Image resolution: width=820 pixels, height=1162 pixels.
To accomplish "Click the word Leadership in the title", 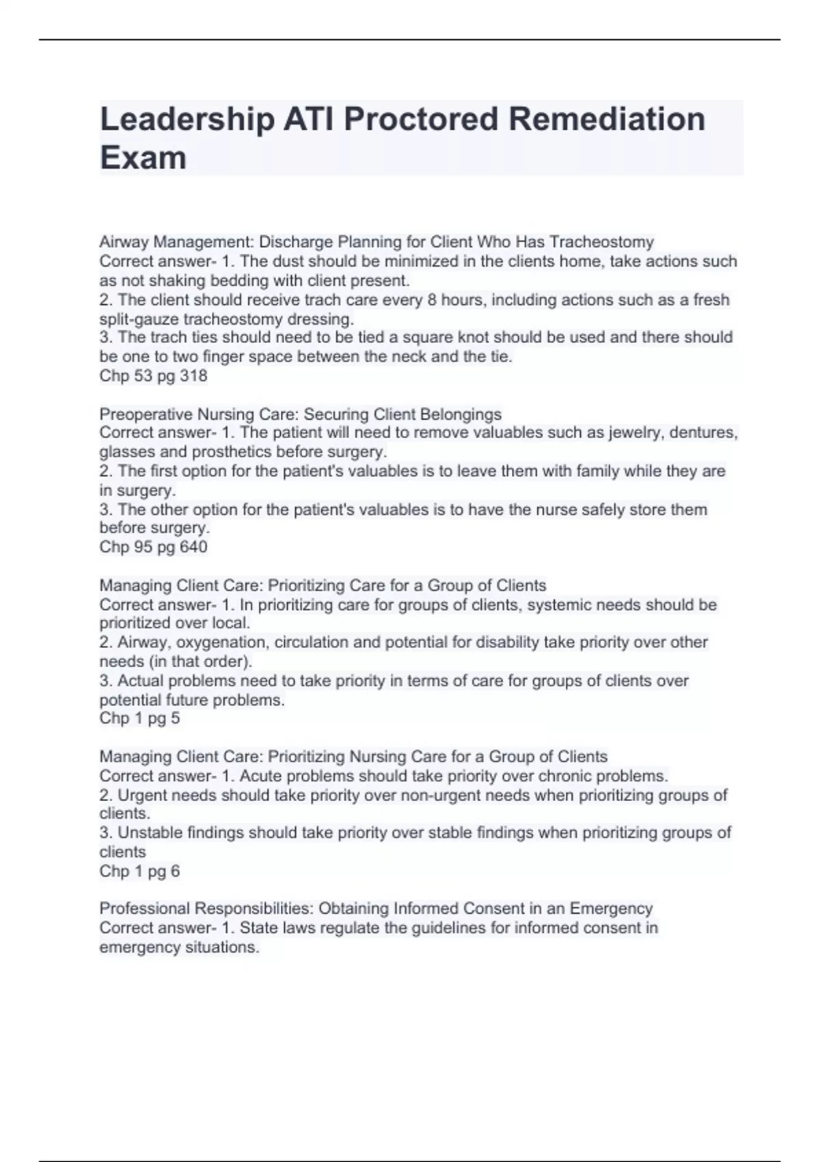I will click(x=186, y=120).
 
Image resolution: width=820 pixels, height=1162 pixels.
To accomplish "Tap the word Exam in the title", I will click(x=143, y=158).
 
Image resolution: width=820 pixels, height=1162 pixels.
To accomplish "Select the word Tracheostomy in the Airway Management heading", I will click(x=601, y=242).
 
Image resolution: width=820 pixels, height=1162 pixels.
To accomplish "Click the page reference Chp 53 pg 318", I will click(x=153, y=375).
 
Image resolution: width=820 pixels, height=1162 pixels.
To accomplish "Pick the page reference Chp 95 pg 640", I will click(x=153, y=547).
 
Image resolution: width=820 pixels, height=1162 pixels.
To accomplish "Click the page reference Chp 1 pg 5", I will click(x=139, y=718).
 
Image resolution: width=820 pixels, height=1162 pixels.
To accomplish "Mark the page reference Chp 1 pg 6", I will click(x=139, y=871).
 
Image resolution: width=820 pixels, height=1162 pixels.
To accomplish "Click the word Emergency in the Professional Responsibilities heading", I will click(x=611, y=908).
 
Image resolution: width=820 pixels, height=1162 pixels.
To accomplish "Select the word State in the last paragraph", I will click(x=258, y=928).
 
